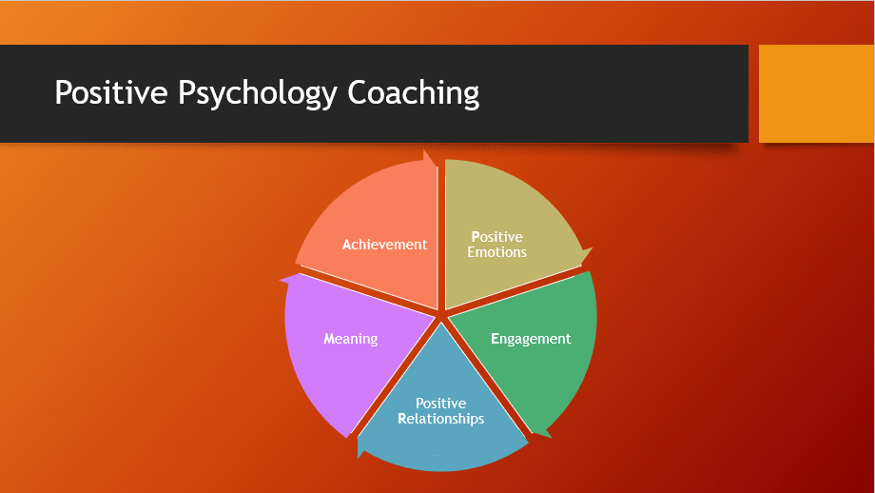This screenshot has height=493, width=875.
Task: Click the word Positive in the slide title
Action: (x=111, y=92)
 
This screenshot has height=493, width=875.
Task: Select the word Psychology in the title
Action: (x=257, y=93)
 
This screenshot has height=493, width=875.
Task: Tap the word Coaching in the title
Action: (x=414, y=93)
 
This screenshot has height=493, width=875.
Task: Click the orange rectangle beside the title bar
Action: (x=816, y=93)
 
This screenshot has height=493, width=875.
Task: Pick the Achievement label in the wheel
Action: (x=384, y=245)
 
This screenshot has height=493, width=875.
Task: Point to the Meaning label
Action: (x=350, y=339)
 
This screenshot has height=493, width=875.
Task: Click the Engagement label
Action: (x=531, y=339)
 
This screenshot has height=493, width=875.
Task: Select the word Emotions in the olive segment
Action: (x=496, y=252)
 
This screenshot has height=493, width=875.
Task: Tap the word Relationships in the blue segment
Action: (x=441, y=419)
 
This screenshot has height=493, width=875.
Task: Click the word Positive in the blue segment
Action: (x=441, y=404)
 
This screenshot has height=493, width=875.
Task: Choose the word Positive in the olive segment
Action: (x=496, y=237)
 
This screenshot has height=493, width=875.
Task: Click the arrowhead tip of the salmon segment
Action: (x=424, y=150)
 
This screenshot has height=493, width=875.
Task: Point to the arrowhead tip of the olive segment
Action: (x=593, y=247)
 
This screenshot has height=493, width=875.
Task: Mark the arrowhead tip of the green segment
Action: (x=552, y=438)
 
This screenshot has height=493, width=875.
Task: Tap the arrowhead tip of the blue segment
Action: (x=359, y=458)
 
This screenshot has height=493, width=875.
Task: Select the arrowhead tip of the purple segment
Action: (x=280, y=279)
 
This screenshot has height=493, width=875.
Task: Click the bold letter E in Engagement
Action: (x=495, y=339)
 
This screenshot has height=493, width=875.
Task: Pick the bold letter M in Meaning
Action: (x=329, y=339)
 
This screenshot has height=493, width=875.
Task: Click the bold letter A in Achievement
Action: (x=346, y=245)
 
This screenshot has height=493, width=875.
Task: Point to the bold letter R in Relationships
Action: (x=401, y=419)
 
